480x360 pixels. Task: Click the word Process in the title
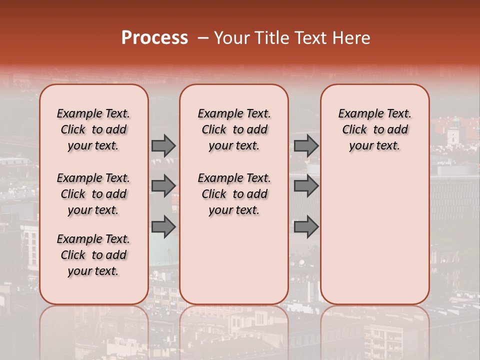coord(154,38)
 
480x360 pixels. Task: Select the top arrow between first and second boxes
coord(163,145)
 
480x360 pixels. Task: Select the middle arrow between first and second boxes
coord(163,186)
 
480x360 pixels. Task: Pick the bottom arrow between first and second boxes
coord(163,227)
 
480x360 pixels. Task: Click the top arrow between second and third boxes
coord(306,145)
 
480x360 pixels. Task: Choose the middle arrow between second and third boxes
coord(306,186)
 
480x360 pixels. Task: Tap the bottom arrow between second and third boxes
coord(306,227)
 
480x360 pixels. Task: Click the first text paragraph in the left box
coord(93,129)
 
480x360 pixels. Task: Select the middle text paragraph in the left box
coord(93,194)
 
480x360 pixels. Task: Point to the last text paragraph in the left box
coord(93,255)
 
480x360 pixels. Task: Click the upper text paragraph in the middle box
coord(234,129)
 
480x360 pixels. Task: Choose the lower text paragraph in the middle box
coord(234,194)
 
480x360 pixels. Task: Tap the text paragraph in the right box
coord(375,129)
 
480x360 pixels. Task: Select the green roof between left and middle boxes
coord(163,250)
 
